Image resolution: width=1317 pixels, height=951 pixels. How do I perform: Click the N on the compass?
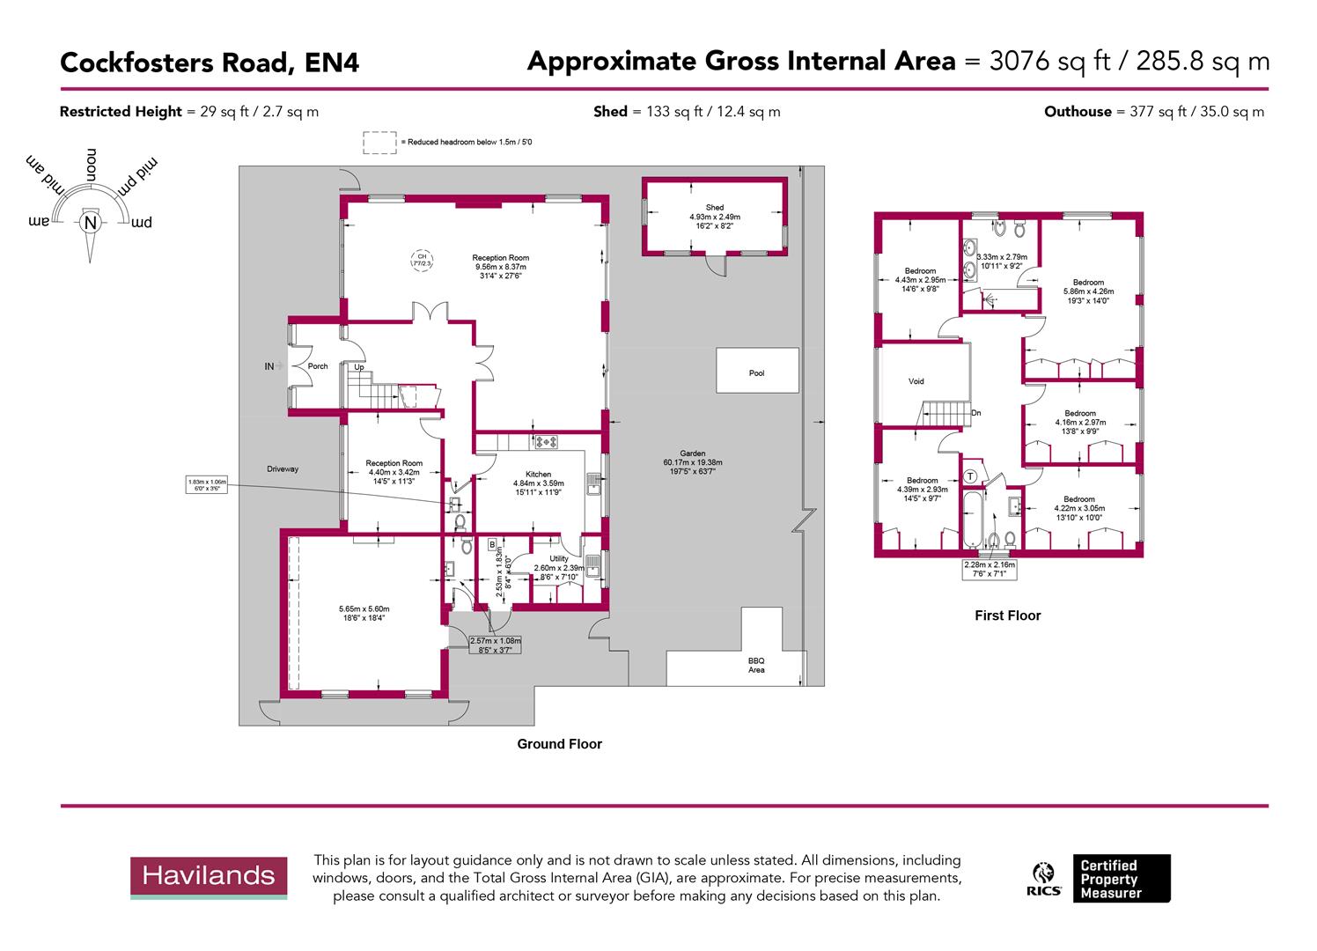pyautogui.click(x=89, y=223)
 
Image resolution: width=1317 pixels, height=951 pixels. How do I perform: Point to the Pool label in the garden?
pyautogui.click(x=756, y=373)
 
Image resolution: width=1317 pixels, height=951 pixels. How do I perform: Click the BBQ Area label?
pyautogui.click(x=756, y=665)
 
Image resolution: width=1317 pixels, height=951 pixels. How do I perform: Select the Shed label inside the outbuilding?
pyautogui.click(x=714, y=208)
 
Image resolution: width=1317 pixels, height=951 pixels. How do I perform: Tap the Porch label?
pyautogui.click(x=318, y=366)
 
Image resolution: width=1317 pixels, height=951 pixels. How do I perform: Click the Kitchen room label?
pyautogui.click(x=538, y=474)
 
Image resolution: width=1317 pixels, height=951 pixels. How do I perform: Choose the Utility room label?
pyautogui.click(x=559, y=558)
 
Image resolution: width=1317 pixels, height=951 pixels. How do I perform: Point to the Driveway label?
pyautogui.click(x=283, y=468)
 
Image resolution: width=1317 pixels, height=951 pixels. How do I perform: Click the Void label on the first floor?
pyautogui.click(x=916, y=381)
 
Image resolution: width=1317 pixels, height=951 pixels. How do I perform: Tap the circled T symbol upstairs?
pyautogui.click(x=970, y=476)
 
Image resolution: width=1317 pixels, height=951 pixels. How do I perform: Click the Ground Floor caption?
pyautogui.click(x=559, y=744)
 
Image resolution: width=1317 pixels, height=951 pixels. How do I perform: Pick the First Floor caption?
pyautogui.click(x=1007, y=616)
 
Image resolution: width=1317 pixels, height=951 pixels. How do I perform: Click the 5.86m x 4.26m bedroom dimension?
pyautogui.click(x=1088, y=291)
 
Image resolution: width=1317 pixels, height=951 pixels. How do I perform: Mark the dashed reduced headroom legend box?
pyautogui.click(x=379, y=142)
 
